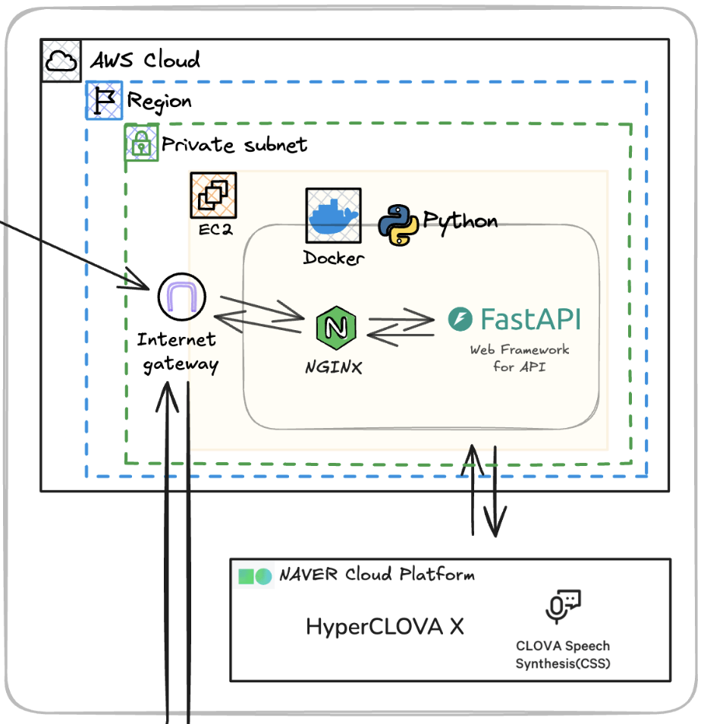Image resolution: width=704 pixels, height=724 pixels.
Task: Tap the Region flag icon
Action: click(x=104, y=100)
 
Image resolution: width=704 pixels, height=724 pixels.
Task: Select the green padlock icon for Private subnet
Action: click(x=142, y=143)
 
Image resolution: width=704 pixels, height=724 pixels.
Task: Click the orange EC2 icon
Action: click(x=213, y=195)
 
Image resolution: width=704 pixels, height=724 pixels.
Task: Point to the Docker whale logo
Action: click(x=333, y=216)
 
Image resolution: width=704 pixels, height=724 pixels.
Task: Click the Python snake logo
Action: click(x=398, y=225)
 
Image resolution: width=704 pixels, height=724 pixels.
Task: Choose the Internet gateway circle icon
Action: click(x=182, y=297)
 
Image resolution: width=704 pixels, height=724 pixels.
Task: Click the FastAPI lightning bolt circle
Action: click(x=460, y=320)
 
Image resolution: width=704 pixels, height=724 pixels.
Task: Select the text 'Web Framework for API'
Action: click(x=520, y=358)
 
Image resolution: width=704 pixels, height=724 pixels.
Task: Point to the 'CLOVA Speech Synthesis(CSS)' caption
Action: click(x=562, y=655)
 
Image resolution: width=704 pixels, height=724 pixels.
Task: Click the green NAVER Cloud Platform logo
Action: click(x=255, y=576)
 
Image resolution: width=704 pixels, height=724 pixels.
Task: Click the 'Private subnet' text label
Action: click(x=234, y=144)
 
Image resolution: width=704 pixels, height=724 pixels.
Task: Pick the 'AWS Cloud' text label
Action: click(x=145, y=60)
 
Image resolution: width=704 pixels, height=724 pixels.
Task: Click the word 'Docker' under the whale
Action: click(x=334, y=258)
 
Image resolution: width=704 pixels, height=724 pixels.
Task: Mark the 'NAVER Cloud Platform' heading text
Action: click(x=376, y=574)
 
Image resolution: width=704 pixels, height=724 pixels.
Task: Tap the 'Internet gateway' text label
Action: click(x=178, y=352)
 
